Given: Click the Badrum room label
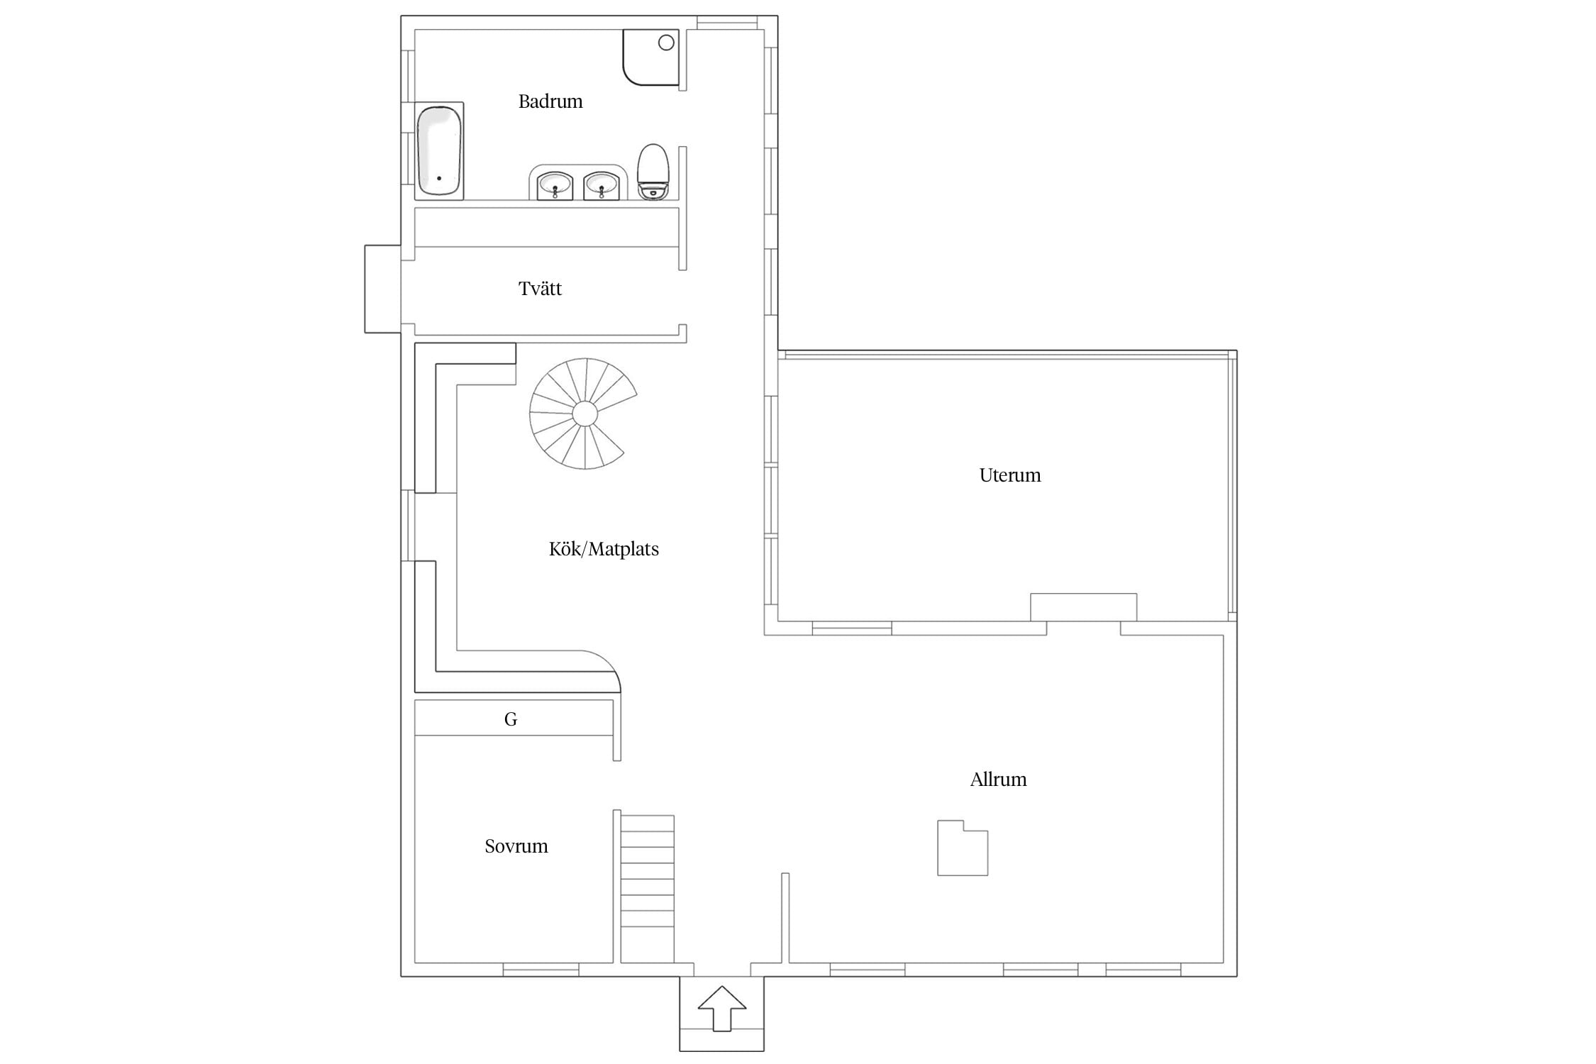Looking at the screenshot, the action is pos(550,101).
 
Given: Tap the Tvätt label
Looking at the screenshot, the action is pos(540,289).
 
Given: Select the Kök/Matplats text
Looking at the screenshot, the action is pos(604,549).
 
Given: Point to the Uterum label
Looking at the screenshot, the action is pos(1010,475).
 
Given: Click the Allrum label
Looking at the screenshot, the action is pos(998,780).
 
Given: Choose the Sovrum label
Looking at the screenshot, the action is pos(516,846).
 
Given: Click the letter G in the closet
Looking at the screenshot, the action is pos(511,719).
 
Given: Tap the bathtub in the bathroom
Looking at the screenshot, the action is pos(440,150).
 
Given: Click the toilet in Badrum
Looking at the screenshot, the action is pos(653,172).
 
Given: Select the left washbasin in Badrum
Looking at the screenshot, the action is pos(555,186).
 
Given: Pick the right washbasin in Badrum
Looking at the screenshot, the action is pos(602,186).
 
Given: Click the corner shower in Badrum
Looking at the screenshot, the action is pos(651,57).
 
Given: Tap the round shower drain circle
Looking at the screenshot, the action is pos(666,43).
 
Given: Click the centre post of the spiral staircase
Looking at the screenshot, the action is pos(584,414).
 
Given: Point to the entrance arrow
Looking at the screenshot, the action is pos(722,1008).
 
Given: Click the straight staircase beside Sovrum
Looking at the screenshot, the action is pos(648,889).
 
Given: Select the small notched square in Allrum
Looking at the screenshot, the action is pos(963,848).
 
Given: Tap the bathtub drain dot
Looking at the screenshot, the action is pos(439,178).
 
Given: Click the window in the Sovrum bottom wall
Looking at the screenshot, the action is pos(541,970).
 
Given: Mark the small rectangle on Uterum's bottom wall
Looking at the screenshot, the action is pos(1084,607).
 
